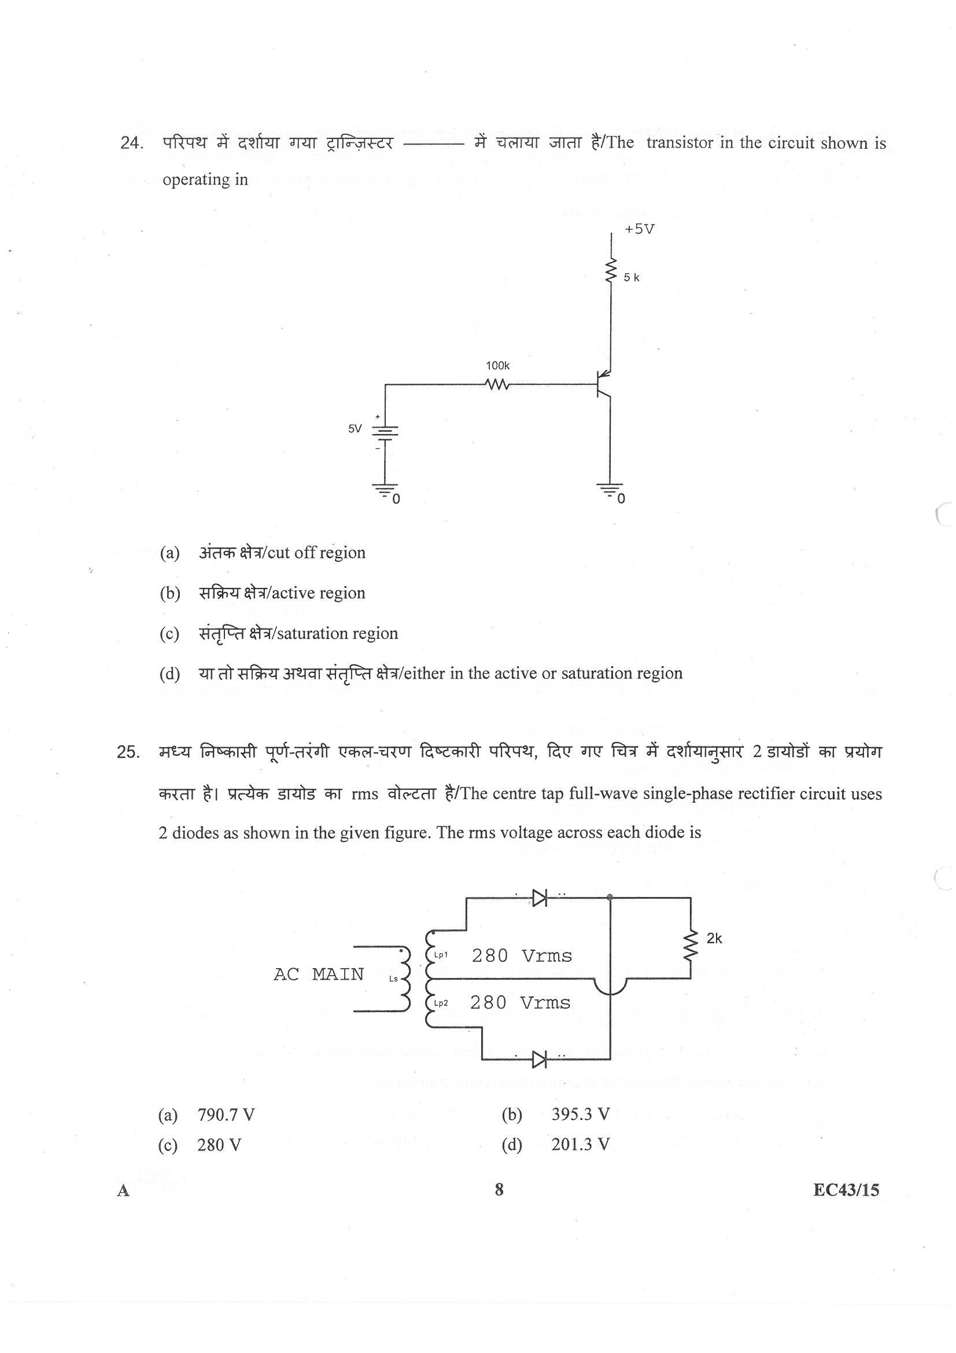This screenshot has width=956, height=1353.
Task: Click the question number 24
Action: pyautogui.click(x=131, y=143)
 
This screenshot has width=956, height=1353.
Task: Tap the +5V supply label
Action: pyautogui.click(x=640, y=229)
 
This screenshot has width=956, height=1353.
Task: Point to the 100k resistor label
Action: pyautogui.click(x=497, y=366)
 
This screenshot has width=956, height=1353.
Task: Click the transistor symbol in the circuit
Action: pyautogui.click(x=602, y=385)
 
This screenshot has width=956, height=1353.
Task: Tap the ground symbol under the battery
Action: pyautogui.click(x=384, y=489)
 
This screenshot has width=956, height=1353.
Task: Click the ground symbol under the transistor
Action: pyautogui.click(x=610, y=489)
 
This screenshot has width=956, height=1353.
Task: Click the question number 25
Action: pyautogui.click(x=129, y=752)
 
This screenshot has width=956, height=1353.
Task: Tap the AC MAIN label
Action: pyautogui.click(x=318, y=974)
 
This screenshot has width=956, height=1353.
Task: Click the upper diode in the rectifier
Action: pyautogui.click(x=539, y=898)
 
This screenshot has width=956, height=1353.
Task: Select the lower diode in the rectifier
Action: pyautogui.click(x=539, y=1060)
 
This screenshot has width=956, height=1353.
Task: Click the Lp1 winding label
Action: pyautogui.click(x=441, y=955)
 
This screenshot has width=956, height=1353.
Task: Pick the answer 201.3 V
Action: pyautogui.click(x=580, y=1145)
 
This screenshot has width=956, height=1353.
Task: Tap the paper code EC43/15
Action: pyautogui.click(x=846, y=1190)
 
